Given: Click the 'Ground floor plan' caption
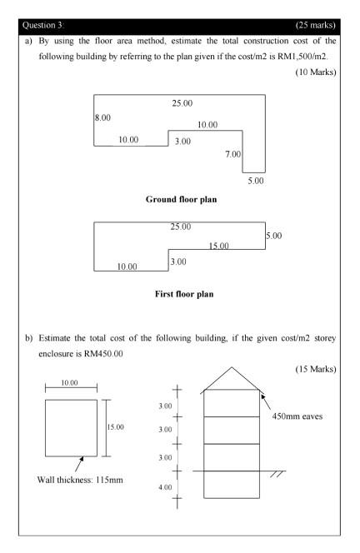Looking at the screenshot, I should click(x=180, y=200).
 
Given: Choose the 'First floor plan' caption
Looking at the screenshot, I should click(x=180, y=294).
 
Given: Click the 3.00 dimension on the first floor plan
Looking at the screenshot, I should click(x=177, y=262).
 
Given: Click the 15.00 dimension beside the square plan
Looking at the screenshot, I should click(x=115, y=427).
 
